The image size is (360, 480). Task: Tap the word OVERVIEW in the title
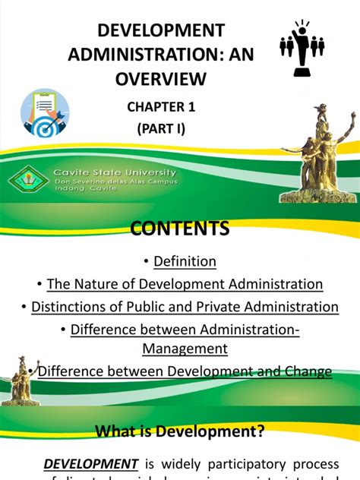[x=160, y=78]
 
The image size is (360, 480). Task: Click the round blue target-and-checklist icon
[x=45, y=114]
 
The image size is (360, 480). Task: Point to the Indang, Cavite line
[x=85, y=192]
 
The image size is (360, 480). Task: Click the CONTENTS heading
[x=180, y=229]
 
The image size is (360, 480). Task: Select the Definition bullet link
[x=185, y=261]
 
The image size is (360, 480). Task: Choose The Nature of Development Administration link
[x=185, y=284]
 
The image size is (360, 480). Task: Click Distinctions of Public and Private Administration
[x=185, y=307]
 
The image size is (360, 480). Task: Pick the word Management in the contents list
[x=185, y=349]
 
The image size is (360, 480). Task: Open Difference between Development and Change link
[x=185, y=371]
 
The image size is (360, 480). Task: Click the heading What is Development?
[x=179, y=431]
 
